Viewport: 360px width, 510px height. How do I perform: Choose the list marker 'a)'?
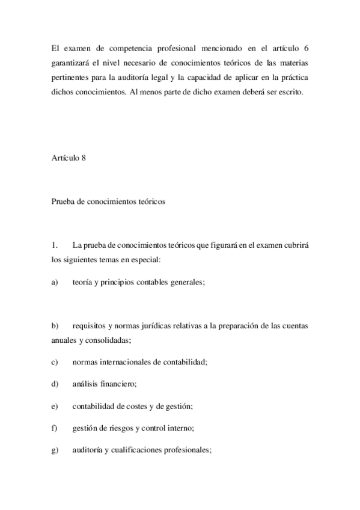(55, 281)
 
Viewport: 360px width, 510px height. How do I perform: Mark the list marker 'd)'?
(55, 384)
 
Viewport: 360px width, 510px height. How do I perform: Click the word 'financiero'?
(120, 384)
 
